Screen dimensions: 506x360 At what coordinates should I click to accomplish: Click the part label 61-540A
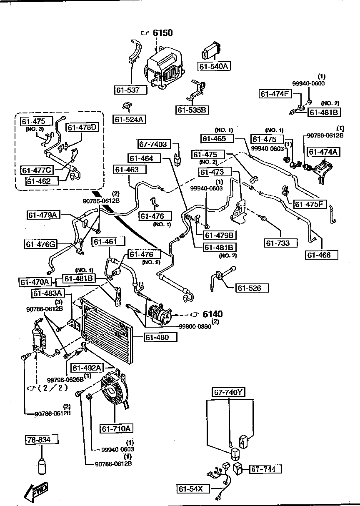[215, 66]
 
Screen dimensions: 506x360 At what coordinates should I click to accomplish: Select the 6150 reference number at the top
[162, 33]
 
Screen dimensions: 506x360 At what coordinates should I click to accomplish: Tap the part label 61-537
[131, 90]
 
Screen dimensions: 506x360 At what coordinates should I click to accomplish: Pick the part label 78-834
[40, 440]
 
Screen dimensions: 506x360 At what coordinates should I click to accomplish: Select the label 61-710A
[115, 428]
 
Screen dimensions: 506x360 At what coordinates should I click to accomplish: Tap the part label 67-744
[265, 469]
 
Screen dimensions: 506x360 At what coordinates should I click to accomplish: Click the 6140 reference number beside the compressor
[212, 314]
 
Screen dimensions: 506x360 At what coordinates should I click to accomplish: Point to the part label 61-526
[252, 288]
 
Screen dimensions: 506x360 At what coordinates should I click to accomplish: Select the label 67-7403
[153, 144]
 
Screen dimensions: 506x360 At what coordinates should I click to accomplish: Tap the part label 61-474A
[323, 152]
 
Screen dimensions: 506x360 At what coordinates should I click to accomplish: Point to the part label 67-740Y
[229, 392]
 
